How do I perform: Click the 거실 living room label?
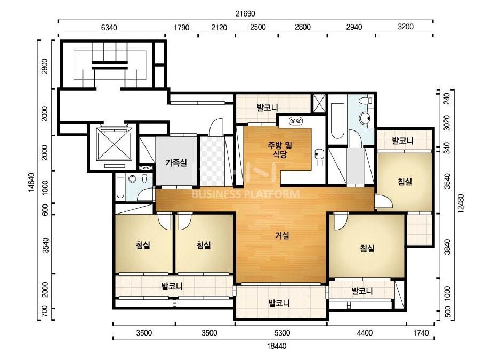(282, 235)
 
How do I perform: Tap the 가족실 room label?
(176, 162)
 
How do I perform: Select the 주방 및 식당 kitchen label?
(280, 150)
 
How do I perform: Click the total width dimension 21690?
(245, 13)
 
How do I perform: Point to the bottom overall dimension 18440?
(277, 346)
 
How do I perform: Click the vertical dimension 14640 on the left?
(31, 182)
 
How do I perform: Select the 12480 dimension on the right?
(461, 203)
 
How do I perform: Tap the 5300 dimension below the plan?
(282, 333)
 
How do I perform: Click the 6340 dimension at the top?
(109, 28)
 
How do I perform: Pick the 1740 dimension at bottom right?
(421, 333)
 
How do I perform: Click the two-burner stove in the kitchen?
(296, 120)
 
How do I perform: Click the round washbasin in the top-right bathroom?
(365, 119)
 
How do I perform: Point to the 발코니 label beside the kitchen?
(268, 108)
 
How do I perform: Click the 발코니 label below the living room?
(279, 303)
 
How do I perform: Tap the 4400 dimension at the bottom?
(365, 333)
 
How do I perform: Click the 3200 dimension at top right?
(406, 27)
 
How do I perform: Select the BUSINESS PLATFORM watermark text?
(246, 194)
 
